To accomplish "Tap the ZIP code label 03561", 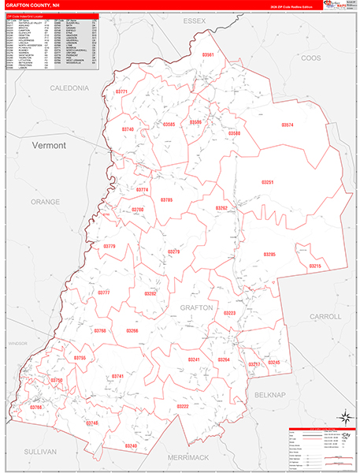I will pyautogui.click(x=208, y=55).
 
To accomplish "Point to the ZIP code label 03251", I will pyautogui.click(x=268, y=182).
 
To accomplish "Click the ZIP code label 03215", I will pyautogui.click(x=315, y=266).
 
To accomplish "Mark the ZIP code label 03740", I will pyautogui.click(x=128, y=128).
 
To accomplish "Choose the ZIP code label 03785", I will pyautogui.click(x=167, y=200).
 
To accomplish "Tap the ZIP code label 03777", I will pyautogui.click(x=104, y=292).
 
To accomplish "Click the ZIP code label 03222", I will pyautogui.click(x=183, y=406).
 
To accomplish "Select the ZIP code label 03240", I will pyautogui.click(x=131, y=446).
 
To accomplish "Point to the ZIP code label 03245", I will pyautogui.click(x=274, y=362).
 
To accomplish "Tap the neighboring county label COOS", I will pyautogui.click(x=312, y=58).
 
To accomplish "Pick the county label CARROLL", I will pyautogui.click(x=325, y=316).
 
